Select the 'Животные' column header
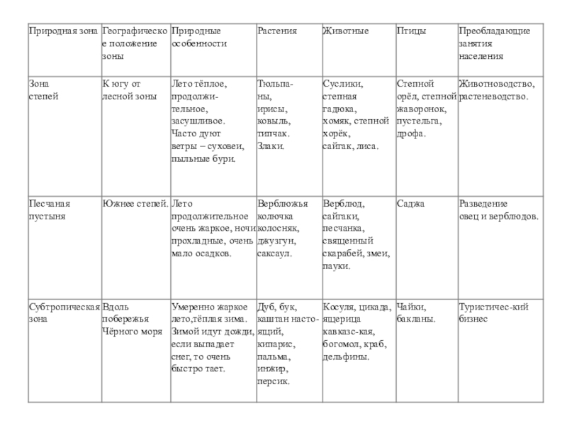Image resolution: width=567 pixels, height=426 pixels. [x=345, y=31]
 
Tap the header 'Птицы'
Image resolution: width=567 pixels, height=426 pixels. [x=409, y=31]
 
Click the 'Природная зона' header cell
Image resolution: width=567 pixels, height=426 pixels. [x=63, y=31]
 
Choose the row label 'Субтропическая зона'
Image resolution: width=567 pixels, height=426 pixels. [x=63, y=313]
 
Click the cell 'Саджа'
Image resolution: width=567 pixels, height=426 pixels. [x=410, y=204]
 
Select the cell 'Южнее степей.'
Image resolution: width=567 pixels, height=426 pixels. [x=135, y=204]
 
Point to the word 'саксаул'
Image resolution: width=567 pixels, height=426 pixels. [x=274, y=253]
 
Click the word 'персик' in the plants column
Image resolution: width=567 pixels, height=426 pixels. [x=274, y=381]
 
